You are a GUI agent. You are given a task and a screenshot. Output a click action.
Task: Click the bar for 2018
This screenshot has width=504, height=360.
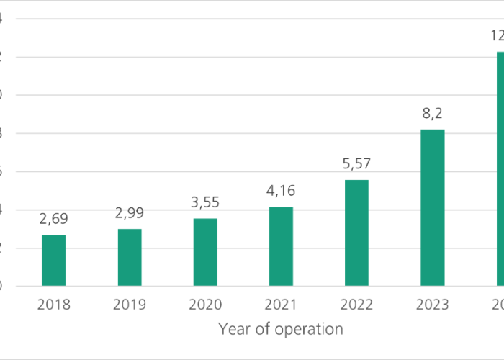point(53,261)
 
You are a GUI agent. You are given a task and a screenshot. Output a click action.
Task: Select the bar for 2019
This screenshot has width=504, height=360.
point(130,258)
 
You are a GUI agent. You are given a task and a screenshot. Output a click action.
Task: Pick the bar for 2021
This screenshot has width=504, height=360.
point(281,246)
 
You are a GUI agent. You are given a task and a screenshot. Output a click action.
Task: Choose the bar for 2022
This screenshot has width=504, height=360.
point(356,233)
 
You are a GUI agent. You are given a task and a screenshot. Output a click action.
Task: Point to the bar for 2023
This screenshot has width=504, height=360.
point(433,207)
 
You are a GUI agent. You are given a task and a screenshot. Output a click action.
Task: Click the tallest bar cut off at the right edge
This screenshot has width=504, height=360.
point(500,169)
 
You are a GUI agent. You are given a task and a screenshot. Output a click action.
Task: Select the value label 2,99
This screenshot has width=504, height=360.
point(130,213)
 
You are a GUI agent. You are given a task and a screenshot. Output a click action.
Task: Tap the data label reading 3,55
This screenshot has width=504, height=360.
point(205,202)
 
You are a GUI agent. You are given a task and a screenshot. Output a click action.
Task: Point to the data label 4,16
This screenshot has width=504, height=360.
point(281,191)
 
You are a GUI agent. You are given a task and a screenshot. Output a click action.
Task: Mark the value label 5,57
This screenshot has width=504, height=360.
point(356,164)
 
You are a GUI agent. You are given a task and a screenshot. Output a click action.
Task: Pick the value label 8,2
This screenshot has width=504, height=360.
point(433,114)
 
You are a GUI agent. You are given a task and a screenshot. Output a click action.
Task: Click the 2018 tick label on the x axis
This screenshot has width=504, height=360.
point(53,305)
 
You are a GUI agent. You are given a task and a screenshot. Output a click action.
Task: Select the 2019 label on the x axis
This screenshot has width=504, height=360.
point(130,305)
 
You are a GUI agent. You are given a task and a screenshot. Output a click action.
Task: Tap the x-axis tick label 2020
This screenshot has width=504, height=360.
point(205,305)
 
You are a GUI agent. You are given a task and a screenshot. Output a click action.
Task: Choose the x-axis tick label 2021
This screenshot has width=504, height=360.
point(281,305)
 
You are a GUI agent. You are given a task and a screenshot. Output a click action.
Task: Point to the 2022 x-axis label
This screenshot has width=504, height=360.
point(356,305)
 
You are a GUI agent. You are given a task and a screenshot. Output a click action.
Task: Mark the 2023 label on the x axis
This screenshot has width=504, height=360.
point(433,305)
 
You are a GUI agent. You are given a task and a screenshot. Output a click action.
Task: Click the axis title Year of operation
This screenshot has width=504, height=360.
point(281,329)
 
